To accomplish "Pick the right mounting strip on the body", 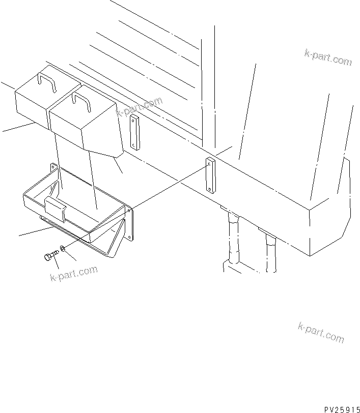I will (210, 175).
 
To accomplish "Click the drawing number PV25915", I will (341, 408).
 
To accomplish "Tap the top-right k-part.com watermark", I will (328, 57).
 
